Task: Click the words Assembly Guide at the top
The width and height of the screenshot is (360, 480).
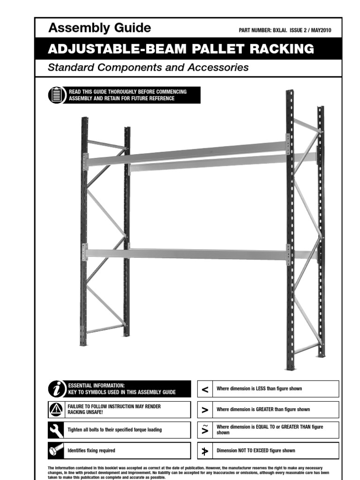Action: [99, 28]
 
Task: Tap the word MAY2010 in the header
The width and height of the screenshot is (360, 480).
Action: [321, 30]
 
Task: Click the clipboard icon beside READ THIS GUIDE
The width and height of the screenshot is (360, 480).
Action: [56, 95]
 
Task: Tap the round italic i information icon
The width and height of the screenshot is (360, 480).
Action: [56, 389]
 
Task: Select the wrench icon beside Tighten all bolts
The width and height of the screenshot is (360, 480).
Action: [56, 430]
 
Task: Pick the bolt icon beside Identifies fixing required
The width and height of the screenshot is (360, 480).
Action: [56, 450]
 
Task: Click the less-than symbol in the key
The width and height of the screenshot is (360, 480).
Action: [205, 389]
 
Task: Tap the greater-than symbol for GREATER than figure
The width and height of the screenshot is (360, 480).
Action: [205, 410]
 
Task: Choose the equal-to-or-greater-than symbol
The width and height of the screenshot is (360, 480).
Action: [205, 430]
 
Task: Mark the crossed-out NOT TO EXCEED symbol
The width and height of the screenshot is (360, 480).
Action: [205, 450]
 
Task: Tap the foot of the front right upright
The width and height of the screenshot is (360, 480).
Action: [291, 367]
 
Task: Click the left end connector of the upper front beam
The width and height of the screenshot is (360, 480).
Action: [85, 162]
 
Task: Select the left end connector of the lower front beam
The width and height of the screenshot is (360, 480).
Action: [85, 252]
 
